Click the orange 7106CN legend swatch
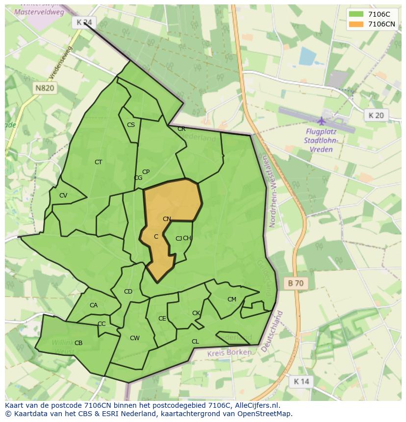[x=356, y=24]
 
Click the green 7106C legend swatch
[x=356, y=14]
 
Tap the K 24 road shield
[x=84, y=22]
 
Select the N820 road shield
[x=45, y=88]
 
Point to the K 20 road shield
[x=376, y=115]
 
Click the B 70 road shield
[x=296, y=283]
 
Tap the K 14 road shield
[x=301, y=381]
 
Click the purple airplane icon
[x=322, y=121]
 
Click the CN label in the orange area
[x=167, y=219]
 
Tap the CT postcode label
[x=98, y=162]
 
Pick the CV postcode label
[x=63, y=196]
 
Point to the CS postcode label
[x=131, y=125]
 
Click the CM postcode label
[x=232, y=299]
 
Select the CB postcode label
[x=78, y=343]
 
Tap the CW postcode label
[x=135, y=338]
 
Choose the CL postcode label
[x=195, y=342]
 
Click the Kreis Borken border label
[x=229, y=352]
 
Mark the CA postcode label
[x=94, y=305]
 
